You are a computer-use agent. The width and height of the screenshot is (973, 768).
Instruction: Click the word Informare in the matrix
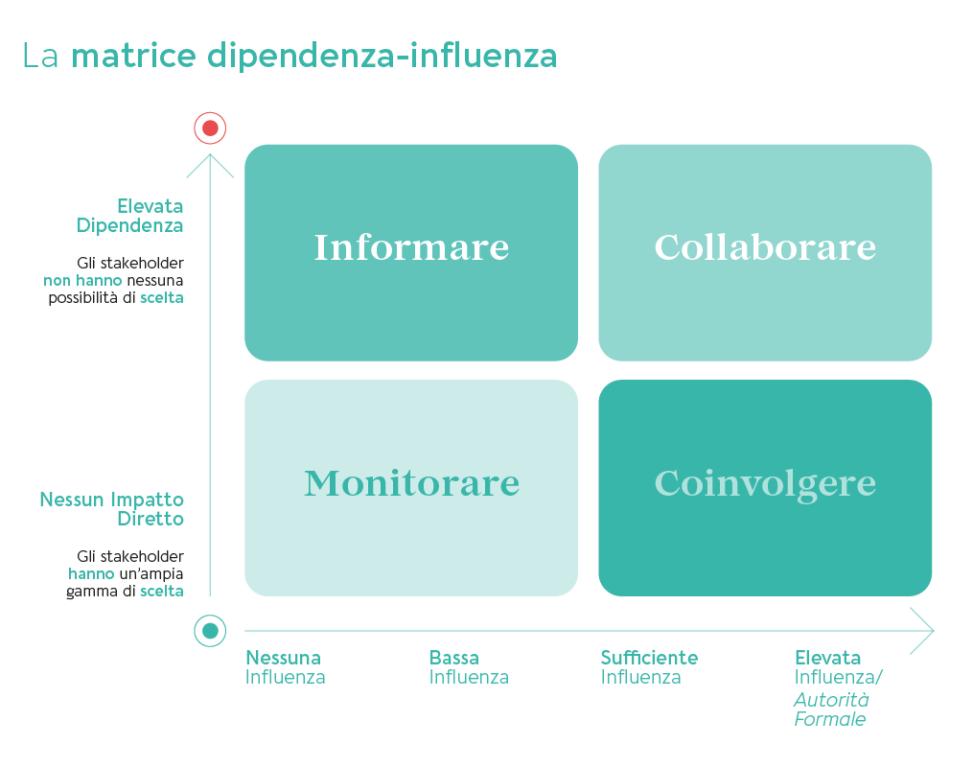tap(411, 247)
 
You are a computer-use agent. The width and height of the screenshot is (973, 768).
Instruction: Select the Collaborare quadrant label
tap(765, 247)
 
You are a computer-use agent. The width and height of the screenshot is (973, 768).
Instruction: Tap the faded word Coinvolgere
tap(765, 483)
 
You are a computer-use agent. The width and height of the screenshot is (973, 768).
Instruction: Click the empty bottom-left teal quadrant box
tap(411, 488)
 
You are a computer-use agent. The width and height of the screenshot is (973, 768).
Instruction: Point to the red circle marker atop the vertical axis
tap(210, 128)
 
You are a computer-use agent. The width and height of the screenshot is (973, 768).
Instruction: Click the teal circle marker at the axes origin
tap(210, 631)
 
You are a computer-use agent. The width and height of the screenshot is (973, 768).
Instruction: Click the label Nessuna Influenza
tap(285, 667)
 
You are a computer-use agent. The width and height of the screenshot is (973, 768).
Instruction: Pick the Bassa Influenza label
tap(468, 667)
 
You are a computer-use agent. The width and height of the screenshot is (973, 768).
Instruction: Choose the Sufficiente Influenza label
tap(648, 667)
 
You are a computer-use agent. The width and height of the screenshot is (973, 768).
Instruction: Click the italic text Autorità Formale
tap(831, 710)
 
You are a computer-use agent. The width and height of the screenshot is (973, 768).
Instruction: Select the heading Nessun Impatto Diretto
tap(113, 509)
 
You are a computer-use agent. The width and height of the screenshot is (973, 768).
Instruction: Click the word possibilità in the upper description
tap(83, 298)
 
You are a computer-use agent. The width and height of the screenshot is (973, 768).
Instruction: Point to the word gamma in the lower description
tap(85, 592)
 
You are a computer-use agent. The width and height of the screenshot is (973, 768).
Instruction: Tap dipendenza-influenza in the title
tap(382, 56)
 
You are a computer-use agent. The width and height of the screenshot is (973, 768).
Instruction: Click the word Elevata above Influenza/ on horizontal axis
tap(827, 658)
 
